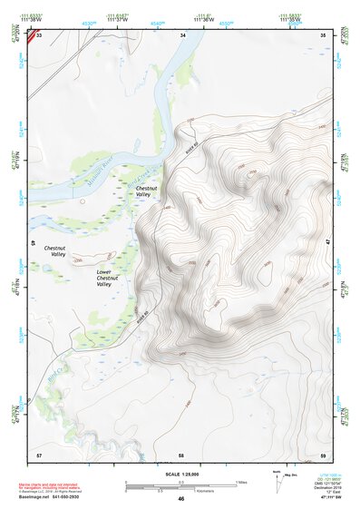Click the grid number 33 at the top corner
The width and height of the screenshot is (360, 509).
40,34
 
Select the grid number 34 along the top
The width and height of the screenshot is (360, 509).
183,34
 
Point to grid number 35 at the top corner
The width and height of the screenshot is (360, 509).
323,34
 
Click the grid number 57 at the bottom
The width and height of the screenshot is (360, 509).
38,454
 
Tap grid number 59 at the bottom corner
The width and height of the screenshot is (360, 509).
323,454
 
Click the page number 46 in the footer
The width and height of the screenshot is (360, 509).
181,498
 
